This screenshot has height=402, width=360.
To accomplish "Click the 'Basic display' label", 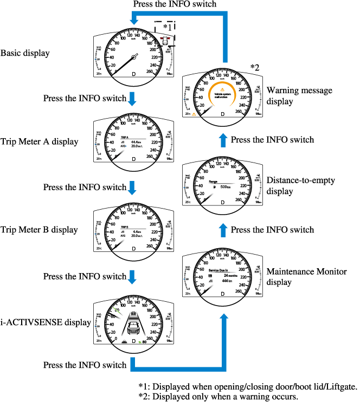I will point(25,53).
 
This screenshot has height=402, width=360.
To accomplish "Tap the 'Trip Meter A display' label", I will point(39,142).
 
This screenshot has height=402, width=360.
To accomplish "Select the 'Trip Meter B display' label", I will point(39,230).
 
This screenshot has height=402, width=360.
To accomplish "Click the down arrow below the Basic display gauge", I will point(132,99).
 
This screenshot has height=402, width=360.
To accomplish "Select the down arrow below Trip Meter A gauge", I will point(132,187).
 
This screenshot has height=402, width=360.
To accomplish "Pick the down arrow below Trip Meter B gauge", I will point(132,276).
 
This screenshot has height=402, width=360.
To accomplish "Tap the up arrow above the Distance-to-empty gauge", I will point(223,140).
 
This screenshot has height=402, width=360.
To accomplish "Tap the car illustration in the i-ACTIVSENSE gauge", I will point(133,326).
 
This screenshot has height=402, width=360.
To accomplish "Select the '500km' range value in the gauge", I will point(226,186).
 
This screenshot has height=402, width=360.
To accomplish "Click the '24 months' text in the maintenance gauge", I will point(232,276).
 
